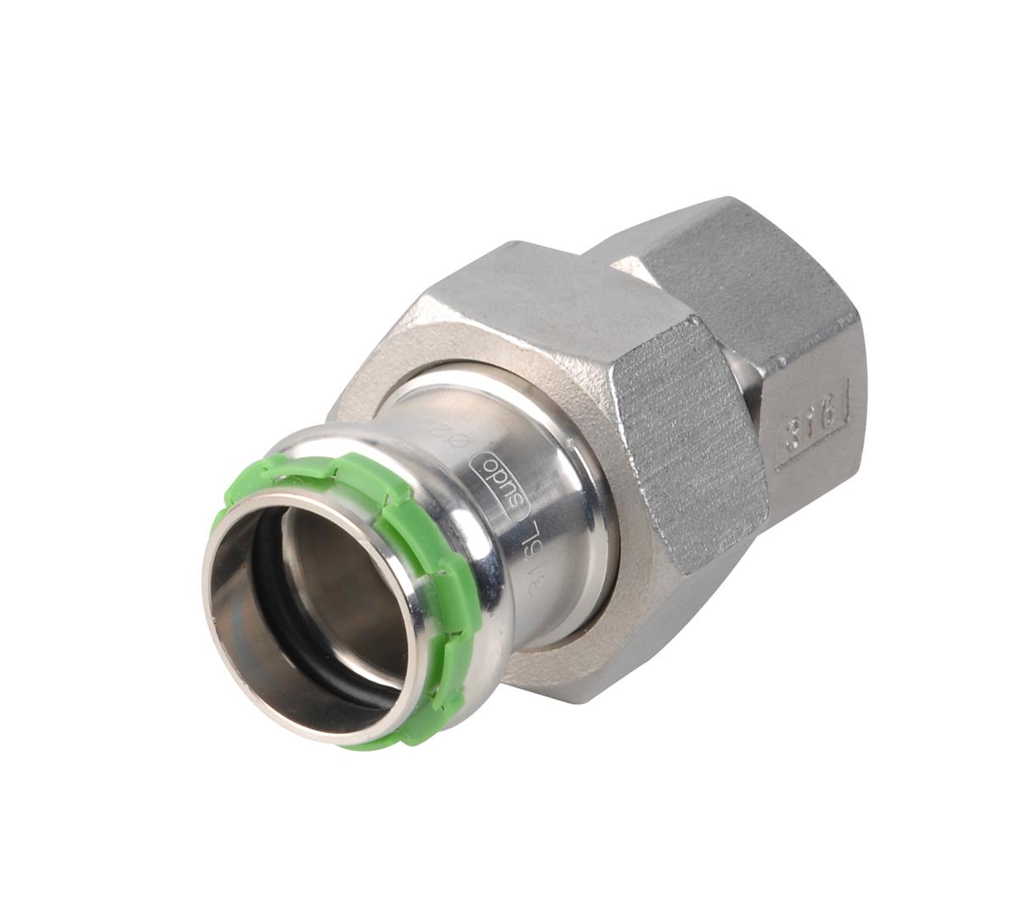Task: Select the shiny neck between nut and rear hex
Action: (x=747, y=373)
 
